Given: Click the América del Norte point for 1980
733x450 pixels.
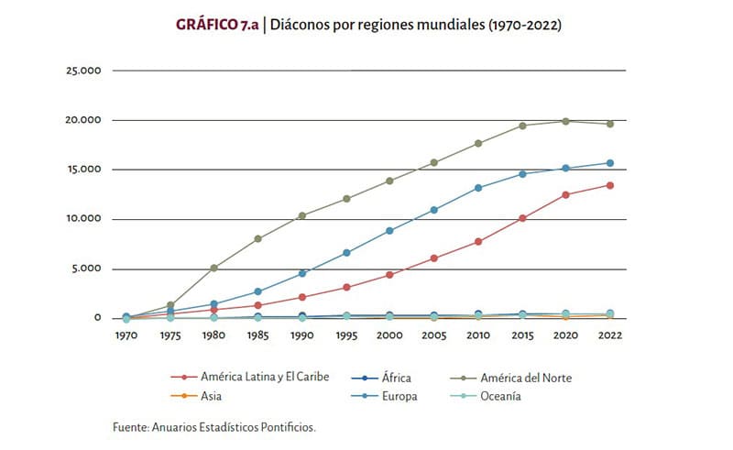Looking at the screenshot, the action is click(x=213, y=268).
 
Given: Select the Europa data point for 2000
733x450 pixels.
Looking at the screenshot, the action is click(x=389, y=231).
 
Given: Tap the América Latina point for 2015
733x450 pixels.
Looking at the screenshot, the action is click(x=522, y=218).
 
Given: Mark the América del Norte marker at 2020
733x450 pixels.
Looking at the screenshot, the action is click(x=565, y=121).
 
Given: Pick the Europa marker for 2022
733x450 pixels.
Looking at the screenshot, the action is click(x=610, y=163).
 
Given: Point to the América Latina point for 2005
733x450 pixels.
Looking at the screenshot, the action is click(x=433, y=258).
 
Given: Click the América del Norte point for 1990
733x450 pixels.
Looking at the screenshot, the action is click(x=302, y=215).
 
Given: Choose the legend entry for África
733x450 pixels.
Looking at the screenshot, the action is click(x=381, y=378).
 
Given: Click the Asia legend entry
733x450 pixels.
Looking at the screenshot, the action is click(x=196, y=396).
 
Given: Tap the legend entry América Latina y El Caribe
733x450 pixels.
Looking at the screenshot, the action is click(x=250, y=377).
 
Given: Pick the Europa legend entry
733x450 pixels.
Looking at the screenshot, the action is click(x=384, y=396).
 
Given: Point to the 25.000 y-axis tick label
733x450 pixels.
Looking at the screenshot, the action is click(x=83, y=71).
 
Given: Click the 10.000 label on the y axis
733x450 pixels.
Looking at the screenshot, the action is click(x=83, y=218).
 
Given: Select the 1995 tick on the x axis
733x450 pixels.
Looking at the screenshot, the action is click(x=346, y=335).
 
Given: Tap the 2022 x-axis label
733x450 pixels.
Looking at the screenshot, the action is click(x=610, y=335).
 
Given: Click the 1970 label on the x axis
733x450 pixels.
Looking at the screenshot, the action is click(x=126, y=335).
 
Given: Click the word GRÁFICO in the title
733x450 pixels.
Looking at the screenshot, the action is click(x=207, y=25).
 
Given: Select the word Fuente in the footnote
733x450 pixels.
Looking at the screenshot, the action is click(x=130, y=427).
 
